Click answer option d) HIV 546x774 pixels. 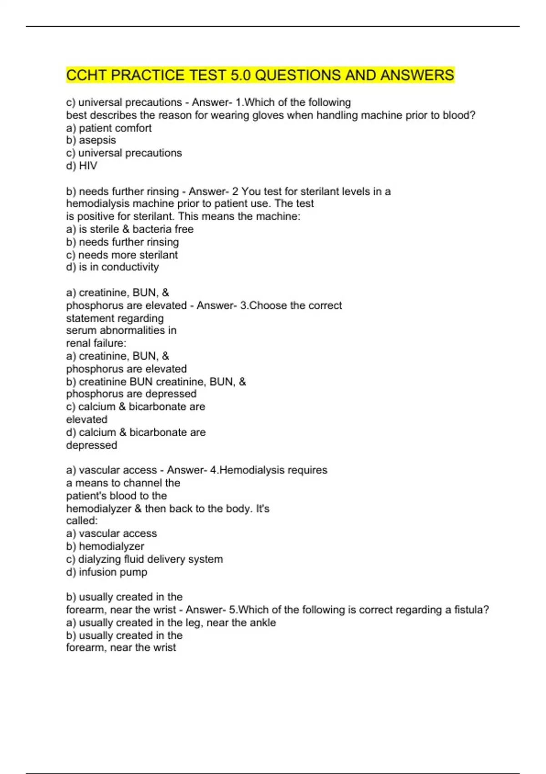point(81,166)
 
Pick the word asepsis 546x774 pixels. point(97,140)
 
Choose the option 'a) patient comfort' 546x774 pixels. point(109,128)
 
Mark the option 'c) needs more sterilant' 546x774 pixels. point(122,255)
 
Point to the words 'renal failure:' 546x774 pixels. point(96,343)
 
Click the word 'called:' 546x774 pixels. point(82,520)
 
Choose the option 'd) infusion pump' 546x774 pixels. point(106,572)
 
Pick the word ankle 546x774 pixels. point(264,622)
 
